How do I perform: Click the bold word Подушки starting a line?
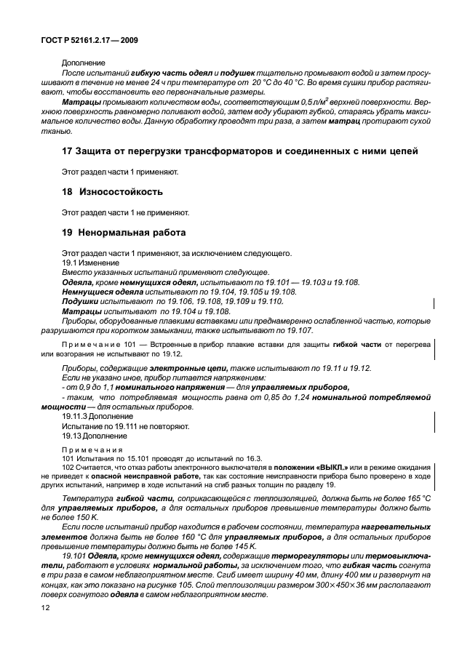tap(80, 300)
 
